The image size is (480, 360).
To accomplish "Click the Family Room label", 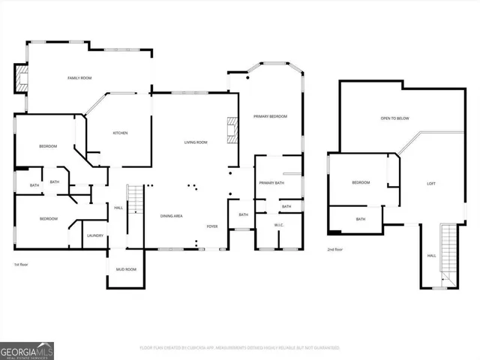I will point(79,78).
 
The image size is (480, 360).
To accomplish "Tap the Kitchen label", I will point(120,133).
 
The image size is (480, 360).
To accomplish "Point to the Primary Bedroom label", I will point(270,116).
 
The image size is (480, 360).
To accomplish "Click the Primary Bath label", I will point(271,183).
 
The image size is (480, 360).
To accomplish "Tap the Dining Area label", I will point(172,216).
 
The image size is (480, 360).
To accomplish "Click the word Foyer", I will point(213,226).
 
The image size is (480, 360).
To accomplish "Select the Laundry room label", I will point(95,235).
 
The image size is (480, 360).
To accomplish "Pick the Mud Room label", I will point(125,268).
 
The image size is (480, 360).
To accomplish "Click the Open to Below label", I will point(394,118).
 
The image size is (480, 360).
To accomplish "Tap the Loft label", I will point(431,183).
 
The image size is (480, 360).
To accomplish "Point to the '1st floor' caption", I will point(21,265).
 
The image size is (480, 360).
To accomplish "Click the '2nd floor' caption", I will point(336,250).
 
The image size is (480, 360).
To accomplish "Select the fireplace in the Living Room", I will point(232,130).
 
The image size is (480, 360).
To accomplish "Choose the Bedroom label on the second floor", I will point(361,182).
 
